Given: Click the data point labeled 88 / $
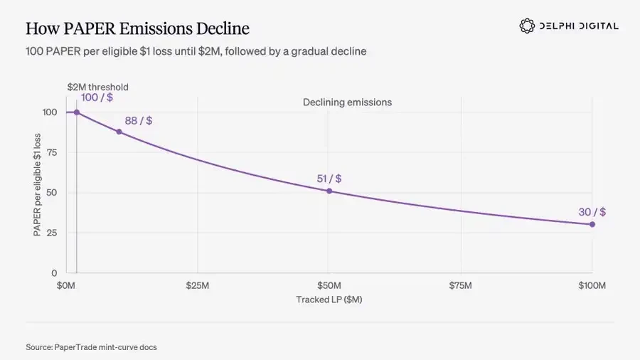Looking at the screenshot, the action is click(119, 132).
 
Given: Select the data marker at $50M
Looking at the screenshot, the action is click(329, 191).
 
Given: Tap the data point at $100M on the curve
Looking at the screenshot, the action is click(592, 224).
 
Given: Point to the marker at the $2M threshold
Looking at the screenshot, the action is click(77, 112).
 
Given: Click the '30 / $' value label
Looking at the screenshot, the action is click(592, 212).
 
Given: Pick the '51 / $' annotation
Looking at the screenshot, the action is click(329, 179).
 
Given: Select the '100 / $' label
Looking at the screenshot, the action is click(97, 97).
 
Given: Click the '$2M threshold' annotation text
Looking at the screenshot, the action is click(98, 87).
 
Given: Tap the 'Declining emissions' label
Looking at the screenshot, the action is click(347, 102).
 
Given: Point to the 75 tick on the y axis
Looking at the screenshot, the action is click(51, 152).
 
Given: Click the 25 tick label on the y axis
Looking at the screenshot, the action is click(51, 233).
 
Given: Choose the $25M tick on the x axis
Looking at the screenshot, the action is click(198, 285).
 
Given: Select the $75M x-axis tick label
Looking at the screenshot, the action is click(460, 285).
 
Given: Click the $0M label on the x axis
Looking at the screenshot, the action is click(65, 285).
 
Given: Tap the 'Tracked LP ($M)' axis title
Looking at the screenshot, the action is click(329, 300).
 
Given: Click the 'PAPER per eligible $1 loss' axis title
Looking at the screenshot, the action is click(37, 184).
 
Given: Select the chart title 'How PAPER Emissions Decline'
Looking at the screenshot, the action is click(137, 28).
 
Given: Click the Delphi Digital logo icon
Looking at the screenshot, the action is click(527, 26).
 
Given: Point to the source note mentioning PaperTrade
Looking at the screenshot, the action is click(92, 347).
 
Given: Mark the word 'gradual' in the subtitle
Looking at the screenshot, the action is click(308, 51).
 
